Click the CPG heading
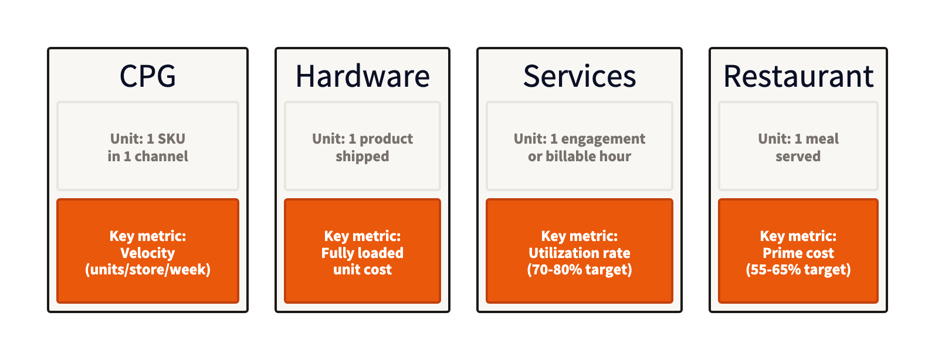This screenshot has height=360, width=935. (148, 76)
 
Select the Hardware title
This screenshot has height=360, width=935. (363, 76)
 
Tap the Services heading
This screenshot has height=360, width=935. (580, 76)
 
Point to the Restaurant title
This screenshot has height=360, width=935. (798, 76)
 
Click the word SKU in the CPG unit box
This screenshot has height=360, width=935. (171, 139)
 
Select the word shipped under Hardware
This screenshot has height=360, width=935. (363, 157)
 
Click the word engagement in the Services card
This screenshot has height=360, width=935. (603, 139)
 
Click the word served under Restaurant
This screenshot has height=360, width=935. (798, 157)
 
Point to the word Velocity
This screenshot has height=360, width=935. (148, 253)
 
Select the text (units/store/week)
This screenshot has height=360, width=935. (148, 270)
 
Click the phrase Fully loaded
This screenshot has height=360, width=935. (363, 253)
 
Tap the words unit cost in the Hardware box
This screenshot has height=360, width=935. (363, 270)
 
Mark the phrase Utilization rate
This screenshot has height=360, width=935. (580, 253)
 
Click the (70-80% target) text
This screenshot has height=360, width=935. (580, 270)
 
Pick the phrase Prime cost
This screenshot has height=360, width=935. (798, 253)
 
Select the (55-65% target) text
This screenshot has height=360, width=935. (798, 270)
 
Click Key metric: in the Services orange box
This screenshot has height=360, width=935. (580, 236)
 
